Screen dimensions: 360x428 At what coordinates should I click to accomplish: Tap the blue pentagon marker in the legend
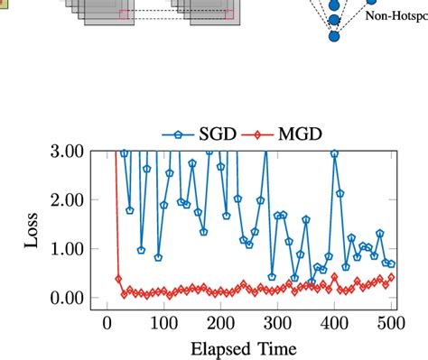click(x=177, y=134)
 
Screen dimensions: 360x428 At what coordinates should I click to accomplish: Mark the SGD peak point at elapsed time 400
click(x=334, y=154)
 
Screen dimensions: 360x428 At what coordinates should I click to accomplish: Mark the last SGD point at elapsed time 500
click(x=391, y=264)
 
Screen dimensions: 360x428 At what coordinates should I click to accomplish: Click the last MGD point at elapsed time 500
click(x=391, y=278)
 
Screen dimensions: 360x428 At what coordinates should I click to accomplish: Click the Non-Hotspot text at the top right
click(x=395, y=14)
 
